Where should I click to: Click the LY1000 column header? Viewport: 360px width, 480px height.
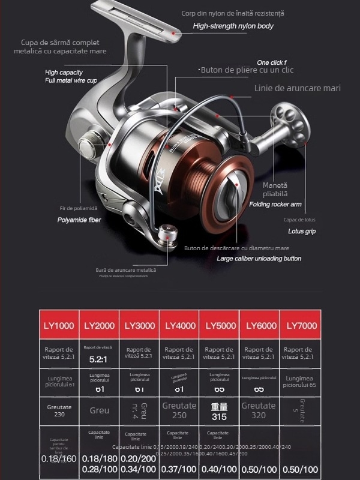coord(59,326)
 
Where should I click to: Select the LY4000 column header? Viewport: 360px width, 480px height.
coord(179,326)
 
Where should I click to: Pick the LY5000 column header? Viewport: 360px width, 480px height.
coord(220,326)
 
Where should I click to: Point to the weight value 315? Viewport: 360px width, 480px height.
coord(220,416)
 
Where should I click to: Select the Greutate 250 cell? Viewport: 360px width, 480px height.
coord(179,410)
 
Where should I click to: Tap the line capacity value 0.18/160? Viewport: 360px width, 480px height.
coord(59,459)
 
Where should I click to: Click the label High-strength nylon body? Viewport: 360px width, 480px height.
coord(233,26)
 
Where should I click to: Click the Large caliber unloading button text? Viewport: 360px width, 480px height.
coord(259,259)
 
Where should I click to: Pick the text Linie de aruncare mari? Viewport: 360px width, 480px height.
coord(297,88)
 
